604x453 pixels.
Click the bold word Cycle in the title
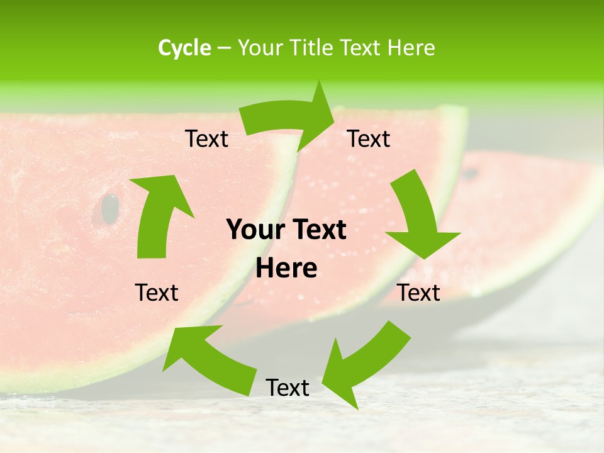pyautogui.click(x=184, y=48)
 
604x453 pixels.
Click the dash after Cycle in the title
pyautogui.click(x=224, y=48)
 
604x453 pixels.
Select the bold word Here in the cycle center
pyautogui.click(x=286, y=269)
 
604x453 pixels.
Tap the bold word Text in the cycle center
pyautogui.click(x=318, y=230)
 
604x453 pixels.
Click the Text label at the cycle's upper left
pyautogui.click(x=206, y=139)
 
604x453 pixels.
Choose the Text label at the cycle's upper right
pyautogui.click(x=369, y=139)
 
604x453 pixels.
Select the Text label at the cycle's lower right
pyautogui.click(x=418, y=293)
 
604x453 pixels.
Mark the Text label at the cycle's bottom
pyautogui.click(x=287, y=388)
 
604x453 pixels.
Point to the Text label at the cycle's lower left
pyautogui.click(x=157, y=293)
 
